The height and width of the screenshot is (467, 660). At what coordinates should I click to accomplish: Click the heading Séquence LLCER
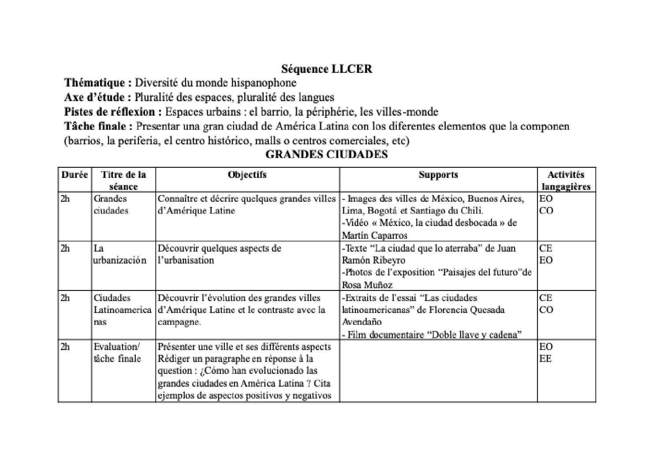(327, 69)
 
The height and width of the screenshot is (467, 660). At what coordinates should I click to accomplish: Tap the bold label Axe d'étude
(97, 97)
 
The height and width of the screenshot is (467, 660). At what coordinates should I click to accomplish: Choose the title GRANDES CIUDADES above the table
(327, 154)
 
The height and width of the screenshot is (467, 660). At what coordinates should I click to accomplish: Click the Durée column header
(75, 175)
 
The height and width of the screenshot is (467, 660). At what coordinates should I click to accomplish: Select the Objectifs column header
(247, 175)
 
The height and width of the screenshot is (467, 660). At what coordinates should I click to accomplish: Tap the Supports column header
(438, 175)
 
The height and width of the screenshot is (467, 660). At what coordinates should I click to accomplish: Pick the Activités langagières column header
(566, 180)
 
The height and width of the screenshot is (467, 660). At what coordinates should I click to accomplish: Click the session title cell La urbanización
(119, 254)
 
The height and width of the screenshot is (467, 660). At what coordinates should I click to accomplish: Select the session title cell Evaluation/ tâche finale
(117, 353)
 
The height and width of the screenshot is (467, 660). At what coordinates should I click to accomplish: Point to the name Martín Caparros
(374, 235)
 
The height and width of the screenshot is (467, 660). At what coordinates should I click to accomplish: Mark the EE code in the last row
(545, 359)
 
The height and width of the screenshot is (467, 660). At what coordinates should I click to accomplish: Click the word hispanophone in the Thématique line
(263, 83)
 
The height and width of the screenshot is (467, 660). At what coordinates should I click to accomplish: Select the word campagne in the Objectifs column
(179, 322)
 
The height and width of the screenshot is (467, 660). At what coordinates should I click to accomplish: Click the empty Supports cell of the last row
(438, 371)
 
